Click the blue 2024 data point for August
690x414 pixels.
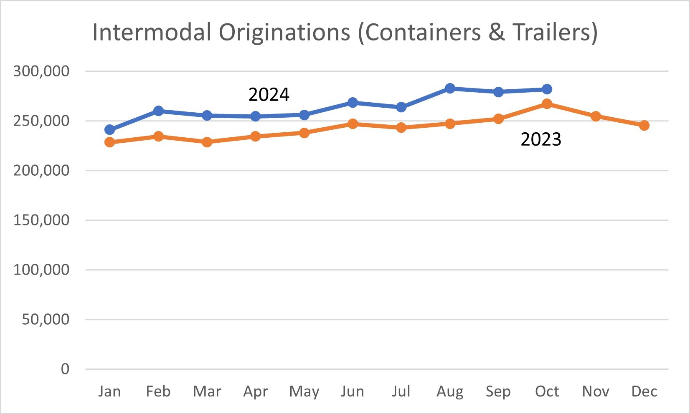450,88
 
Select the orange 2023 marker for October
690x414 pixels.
547,104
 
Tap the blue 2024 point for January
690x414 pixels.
109,130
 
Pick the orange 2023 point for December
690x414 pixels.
644,125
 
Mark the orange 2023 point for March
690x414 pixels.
207,142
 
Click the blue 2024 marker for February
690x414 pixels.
158,111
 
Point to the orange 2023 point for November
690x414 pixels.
596,116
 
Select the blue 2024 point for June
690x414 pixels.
353,102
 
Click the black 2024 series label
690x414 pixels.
269,95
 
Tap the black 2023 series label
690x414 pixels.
540,139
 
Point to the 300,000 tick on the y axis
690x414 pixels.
41,71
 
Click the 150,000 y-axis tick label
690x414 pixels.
41,220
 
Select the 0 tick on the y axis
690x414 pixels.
65,369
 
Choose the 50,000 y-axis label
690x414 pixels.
46,319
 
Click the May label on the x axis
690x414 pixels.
304,391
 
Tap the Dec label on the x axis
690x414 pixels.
644,391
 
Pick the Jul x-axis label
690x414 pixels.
401,391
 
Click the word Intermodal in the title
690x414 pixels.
152,33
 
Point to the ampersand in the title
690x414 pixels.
496,33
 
